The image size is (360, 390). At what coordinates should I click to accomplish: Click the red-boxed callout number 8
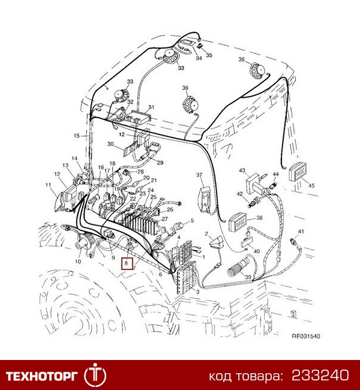tap(125, 263)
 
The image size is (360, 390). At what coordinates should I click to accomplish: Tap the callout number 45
tap(311, 186)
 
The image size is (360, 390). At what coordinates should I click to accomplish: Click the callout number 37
tap(200, 175)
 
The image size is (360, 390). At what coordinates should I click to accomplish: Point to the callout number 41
tap(301, 232)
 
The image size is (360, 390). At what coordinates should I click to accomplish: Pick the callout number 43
tap(242, 170)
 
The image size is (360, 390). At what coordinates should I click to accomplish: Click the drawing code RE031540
tap(305, 337)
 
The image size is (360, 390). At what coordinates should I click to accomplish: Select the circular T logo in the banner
tap(95, 375)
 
